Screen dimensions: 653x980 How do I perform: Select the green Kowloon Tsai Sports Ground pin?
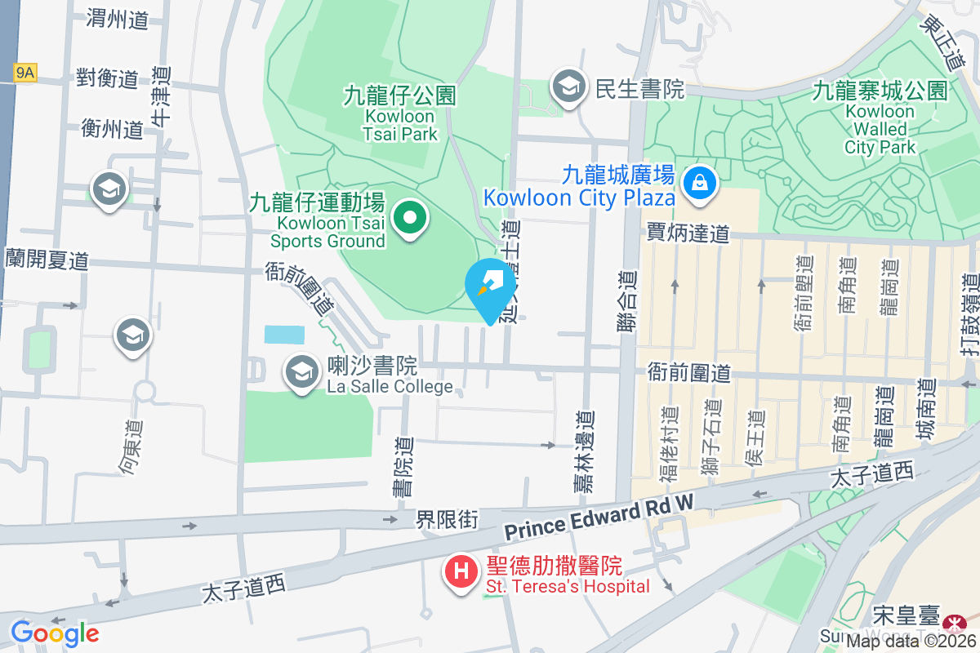click(411, 218)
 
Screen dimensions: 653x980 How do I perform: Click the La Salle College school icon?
click(301, 372)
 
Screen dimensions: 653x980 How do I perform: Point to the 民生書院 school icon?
click(567, 87)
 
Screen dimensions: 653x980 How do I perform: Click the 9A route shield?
click(25, 73)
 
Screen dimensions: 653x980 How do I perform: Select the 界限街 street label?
click(447, 519)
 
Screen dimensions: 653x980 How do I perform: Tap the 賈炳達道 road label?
click(688, 233)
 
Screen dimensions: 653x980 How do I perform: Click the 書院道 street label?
click(402, 466)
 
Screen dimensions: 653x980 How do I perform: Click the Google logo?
click(55, 633)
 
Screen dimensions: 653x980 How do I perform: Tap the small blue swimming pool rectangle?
click(284, 335)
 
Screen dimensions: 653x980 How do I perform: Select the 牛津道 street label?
click(161, 96)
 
